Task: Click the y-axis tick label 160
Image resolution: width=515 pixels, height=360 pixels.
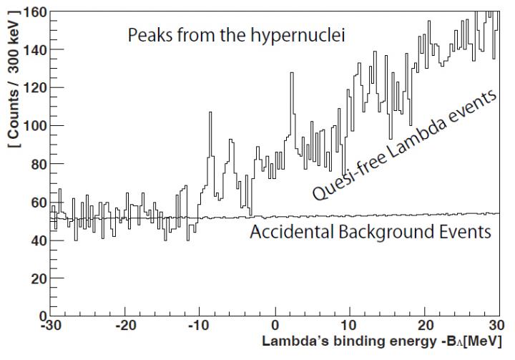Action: (31, 12)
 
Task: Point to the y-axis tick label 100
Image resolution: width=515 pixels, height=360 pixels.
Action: (31, 126)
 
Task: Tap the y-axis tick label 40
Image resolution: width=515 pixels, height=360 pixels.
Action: (34, 240)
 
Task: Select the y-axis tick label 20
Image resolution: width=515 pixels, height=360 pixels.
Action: (34, 278)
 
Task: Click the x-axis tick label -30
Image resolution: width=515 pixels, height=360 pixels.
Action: (49, 330)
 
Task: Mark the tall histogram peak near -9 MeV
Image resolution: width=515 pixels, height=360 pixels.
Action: (210, 113)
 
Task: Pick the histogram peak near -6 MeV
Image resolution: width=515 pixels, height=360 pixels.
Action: (230, 141)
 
